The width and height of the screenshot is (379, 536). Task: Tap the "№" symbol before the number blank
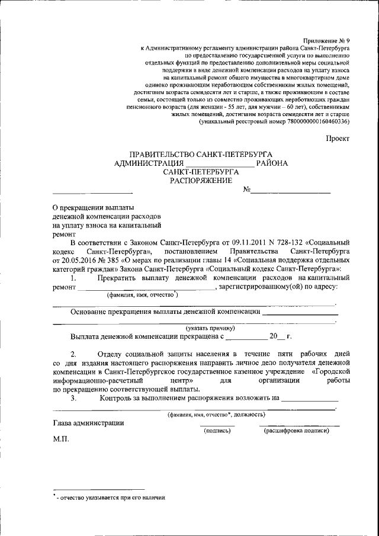point(248,190)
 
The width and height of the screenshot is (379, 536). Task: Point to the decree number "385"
point(114,259)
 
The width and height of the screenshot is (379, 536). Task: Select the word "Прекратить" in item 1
point(120,277)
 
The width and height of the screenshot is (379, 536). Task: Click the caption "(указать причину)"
point(211,328)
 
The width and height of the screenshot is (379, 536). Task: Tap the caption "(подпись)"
point(217,431)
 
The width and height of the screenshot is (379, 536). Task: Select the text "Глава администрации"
point(88,423)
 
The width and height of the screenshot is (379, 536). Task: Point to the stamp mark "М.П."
point(61,439)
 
